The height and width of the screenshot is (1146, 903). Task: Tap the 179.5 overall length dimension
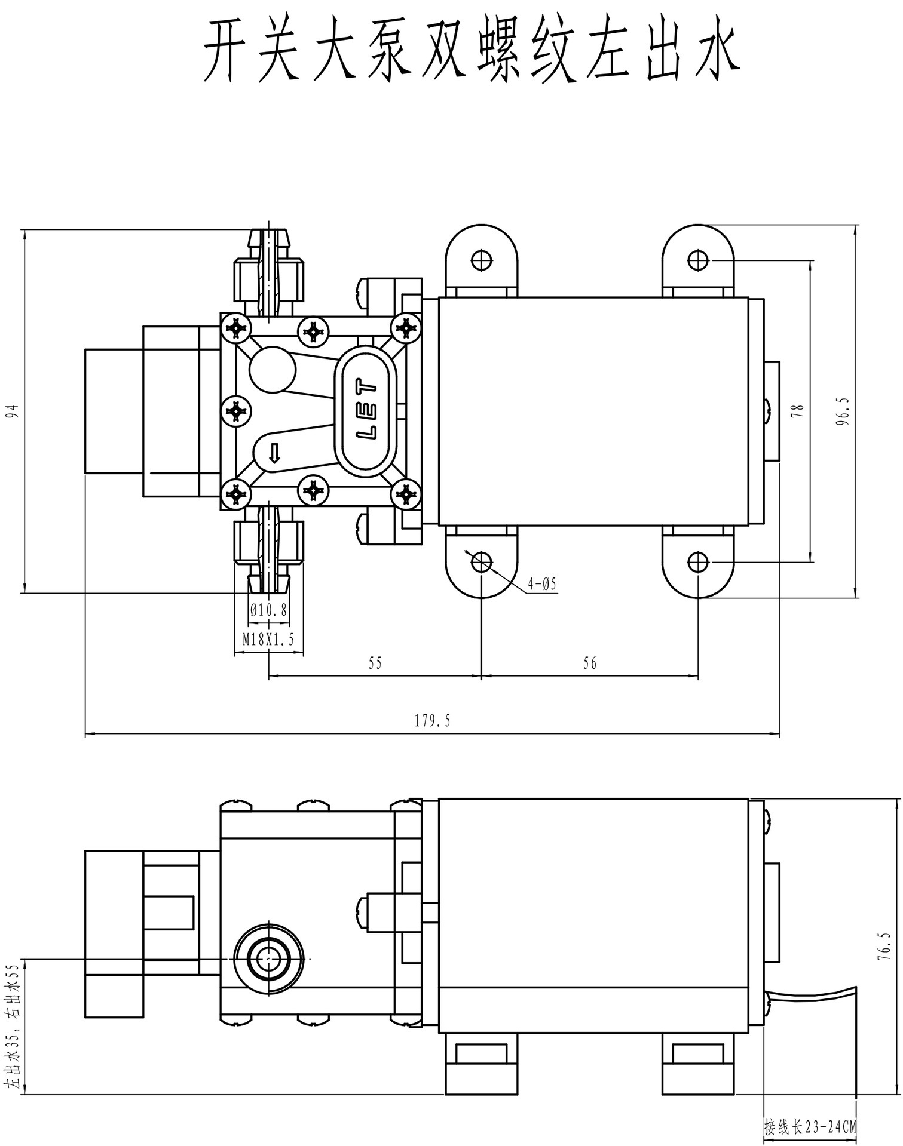click(x=432, y=721)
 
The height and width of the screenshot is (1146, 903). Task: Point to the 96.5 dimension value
click(x=843, y=411)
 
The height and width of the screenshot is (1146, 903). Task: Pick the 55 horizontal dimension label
click(x=375, y=663)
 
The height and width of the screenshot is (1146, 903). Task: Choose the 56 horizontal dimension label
click(x=589, y=663)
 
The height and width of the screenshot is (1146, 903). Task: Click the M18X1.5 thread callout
click(x=268, y=640)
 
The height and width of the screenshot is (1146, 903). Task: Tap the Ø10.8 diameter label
click(x=269, y=610)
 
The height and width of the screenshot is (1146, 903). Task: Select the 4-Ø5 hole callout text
click(x=542, y=583)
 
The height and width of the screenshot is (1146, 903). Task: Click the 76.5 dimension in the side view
click(x=884, y=946)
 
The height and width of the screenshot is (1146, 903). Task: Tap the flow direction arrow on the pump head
click(x=274, y=453)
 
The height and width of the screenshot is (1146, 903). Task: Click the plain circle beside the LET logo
click(x=273, y=370)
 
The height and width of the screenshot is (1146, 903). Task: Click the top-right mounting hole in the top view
click(x=697, y=260)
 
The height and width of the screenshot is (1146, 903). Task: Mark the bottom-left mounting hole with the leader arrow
click(x=481, y=561)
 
